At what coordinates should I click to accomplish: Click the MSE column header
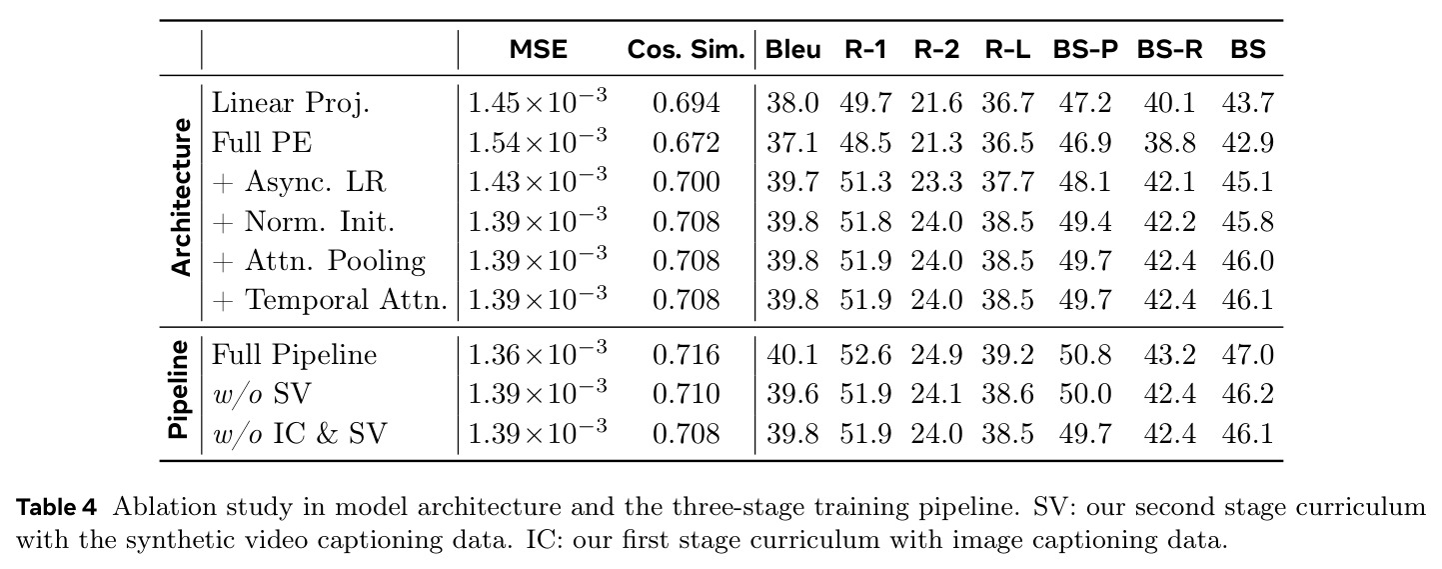(x=539, y=50)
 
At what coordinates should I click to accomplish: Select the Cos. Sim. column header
(x=687, y=50)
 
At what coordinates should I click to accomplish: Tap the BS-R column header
(x=1170, y=50)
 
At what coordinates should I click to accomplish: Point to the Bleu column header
(x=792, y=50)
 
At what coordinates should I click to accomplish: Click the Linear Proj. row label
(x=291, y=104)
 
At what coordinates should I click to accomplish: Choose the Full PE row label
(x=262, y=142)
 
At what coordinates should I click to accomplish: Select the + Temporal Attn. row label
(x=330, y=300)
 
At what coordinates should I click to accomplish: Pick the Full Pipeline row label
(x=294, y=356)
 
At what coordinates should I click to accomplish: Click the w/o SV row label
(x=262, y=394)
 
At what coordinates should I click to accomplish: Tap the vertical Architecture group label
(x=182, y=198)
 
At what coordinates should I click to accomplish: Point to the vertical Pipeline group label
(x=178, y=390)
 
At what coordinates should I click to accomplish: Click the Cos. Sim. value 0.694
(x=687, y=104)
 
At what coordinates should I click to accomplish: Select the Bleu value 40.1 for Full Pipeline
(x=792, y=355)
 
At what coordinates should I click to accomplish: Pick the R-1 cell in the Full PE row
(x=865, y=143)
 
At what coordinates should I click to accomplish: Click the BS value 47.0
(x=1247, y=355)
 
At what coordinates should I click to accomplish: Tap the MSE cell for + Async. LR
(x=537, y=180)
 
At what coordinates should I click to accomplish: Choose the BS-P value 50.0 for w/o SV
(x=1085, y=394)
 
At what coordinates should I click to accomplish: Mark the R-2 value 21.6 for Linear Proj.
(x=936, y=104)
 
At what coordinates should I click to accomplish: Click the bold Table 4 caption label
(x=56, y=508)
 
